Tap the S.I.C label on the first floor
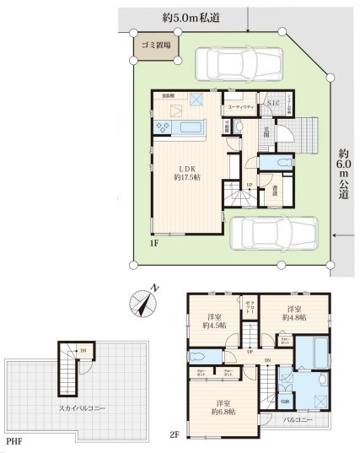pyautogui.click(x=273, y=104)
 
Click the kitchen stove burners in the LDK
pyautogui.click(x=163, y=127)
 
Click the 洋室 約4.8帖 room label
pyautogui.click(x=294, y=314)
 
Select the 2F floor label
pyautogui.click(x=174, y=436)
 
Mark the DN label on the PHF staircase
pyautogui.click(x=82, y=351)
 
